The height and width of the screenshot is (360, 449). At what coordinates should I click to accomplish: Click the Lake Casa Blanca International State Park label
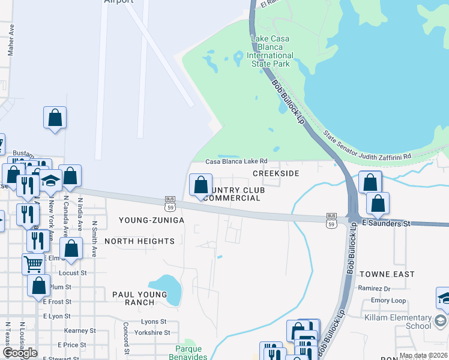click(270, 52)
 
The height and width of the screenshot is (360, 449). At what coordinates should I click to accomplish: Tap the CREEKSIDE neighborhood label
click(276, 173)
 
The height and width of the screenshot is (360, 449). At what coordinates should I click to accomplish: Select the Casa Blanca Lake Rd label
click(236, 161)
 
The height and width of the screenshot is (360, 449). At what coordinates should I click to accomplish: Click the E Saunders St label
click(387, 223)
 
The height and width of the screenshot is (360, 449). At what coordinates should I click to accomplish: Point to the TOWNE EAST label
click(387, 274)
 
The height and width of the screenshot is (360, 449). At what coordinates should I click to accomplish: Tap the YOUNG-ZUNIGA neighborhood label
click(151, 220)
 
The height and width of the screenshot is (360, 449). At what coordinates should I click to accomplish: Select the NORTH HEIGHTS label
click(139, 241)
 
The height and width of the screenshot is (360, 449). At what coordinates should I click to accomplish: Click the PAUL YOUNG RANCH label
click(139, 298)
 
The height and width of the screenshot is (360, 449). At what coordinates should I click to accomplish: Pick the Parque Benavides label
click(191, 352)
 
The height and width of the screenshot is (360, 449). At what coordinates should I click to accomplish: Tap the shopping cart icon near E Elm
click(33, 263)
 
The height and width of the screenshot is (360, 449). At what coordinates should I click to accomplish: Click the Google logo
click(19, 353)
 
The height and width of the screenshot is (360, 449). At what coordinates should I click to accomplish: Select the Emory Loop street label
click(388, 301)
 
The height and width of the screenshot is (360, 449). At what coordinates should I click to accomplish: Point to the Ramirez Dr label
click(374, 289)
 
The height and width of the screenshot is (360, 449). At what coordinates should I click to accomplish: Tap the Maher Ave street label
click(10, 40)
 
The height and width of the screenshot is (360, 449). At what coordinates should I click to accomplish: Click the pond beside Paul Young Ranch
click(166, 289)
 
